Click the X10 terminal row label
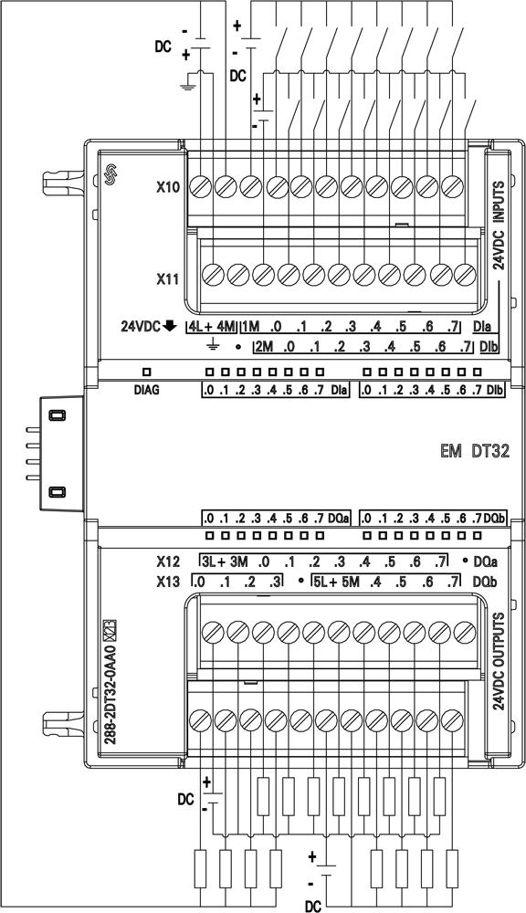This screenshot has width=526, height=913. pyautogui.click(x=168, y=187)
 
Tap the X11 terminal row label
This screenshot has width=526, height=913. pyautogui.click(x=168, y=279)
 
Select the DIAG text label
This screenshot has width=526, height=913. pyautogui.click(x=146, y=390)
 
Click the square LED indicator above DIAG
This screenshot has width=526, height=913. pyautogui.click(x=147, y=371)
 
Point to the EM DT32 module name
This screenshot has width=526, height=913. pyautogui.click(x=475, y=451)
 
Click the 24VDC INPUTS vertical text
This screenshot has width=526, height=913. pyautogui.click(x=499, y=226)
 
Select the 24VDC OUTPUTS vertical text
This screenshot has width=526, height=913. pyautogui.click(x=499, y=661)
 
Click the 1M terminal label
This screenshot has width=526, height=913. pyautogui.click(x=250, y=327)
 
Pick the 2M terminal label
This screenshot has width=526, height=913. pyautogui.click(x=264, y=348)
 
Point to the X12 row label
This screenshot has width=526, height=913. pyautogui.click(x=168, y=562)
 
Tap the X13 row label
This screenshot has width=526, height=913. pyautogui.click(x=168, y=582)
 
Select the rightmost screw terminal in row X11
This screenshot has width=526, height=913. pyautogui.click(x=464, y=273)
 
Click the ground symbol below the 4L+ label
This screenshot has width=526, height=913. pyautogui.click(x=213, y=347)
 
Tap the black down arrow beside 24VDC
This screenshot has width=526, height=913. pyautogui.click(x=170, y=327)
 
